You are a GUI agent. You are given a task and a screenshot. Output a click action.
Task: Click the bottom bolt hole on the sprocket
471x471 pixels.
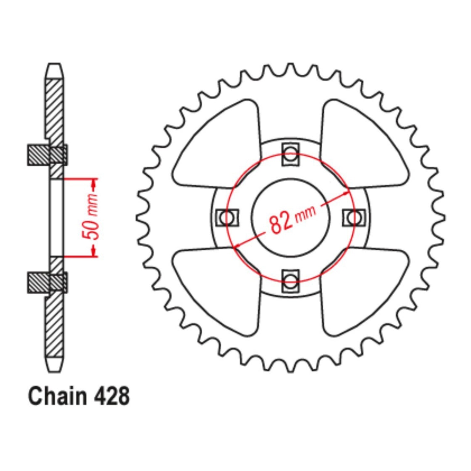point(290,280)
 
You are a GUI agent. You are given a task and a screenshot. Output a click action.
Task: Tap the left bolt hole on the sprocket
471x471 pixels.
point(227,217)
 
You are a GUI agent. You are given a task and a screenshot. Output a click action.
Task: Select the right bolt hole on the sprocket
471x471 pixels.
point(354,217)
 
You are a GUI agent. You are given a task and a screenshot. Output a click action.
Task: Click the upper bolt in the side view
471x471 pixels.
point(47,155)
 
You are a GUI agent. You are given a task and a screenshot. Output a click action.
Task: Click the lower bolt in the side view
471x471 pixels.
point(47,282)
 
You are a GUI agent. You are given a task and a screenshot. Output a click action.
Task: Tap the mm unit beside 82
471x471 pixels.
point(305,213)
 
